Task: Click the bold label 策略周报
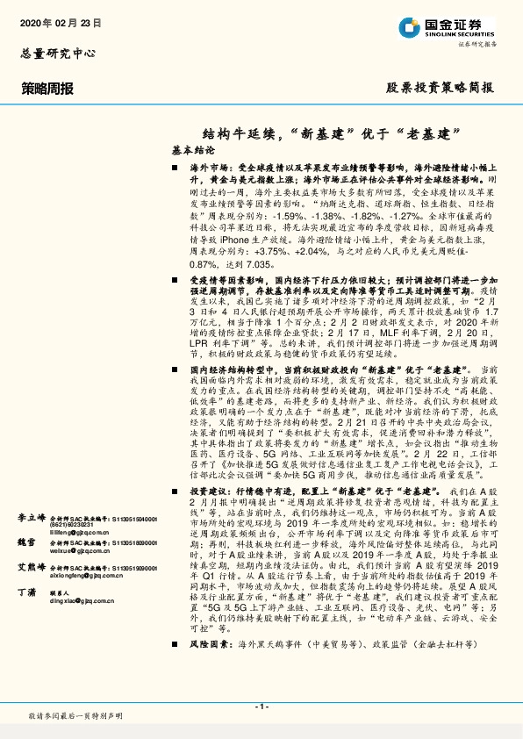click(x=45, y=88)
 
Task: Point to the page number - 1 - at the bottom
click(x=261, y=706)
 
